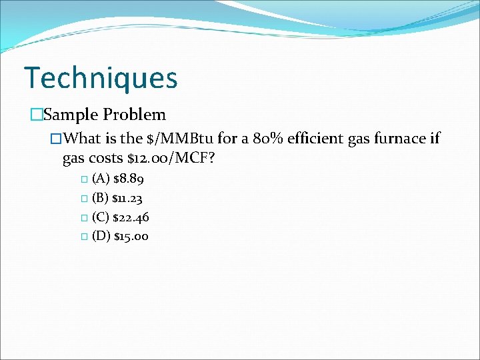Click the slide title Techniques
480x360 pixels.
click(x=101, y=78)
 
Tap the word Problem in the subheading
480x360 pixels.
click(x=134, y=115)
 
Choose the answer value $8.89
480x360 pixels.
click(x=129, y=179)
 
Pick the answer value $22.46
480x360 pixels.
click(x=131, y=217)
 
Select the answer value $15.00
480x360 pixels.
click(x=131, y=236)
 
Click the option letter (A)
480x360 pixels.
click(x=101, y=179)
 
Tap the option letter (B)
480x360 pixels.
click(x=101, y=198)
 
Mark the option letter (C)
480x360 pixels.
click(x=101, y=217)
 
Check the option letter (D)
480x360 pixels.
click(x=101, y=236)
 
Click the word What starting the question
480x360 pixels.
click(x=83, y=139)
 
